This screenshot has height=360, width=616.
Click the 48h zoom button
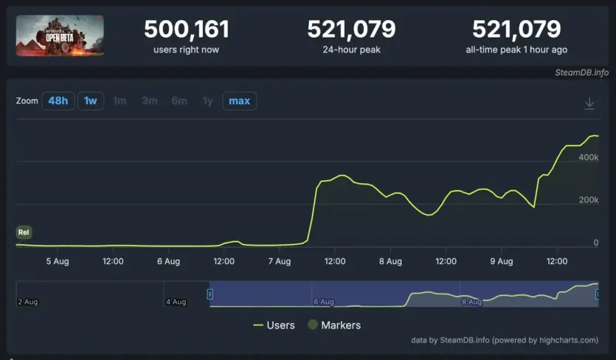58,101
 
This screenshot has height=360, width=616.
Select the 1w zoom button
90,101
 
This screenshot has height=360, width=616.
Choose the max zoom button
239,101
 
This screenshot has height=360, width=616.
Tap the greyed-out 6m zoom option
179,101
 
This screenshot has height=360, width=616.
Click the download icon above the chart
589,104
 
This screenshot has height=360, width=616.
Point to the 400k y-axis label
588,158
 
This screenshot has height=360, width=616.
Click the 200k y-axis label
588,201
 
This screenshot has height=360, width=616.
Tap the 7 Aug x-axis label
280,261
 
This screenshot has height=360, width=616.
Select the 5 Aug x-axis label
58,261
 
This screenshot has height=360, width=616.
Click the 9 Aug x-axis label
502,261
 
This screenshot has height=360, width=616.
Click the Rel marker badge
24,233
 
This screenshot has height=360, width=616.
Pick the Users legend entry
274,325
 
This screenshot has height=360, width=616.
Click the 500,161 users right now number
186,30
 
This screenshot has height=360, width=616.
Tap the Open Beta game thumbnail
60,35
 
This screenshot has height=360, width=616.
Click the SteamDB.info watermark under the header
582,72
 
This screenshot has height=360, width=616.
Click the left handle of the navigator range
210,294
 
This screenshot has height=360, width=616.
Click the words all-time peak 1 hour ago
516,49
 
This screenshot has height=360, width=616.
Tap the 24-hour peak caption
351,49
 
